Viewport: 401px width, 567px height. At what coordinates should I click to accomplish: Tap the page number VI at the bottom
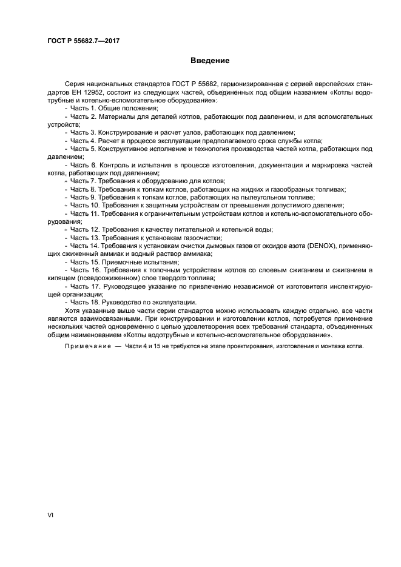point(51,514)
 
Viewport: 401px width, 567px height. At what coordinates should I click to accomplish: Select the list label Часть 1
point(83,107)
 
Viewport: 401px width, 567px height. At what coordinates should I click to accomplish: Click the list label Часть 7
point(83,181)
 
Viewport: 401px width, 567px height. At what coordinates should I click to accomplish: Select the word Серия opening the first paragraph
point(73,82)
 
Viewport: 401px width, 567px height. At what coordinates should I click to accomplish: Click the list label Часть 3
point(83,132)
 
